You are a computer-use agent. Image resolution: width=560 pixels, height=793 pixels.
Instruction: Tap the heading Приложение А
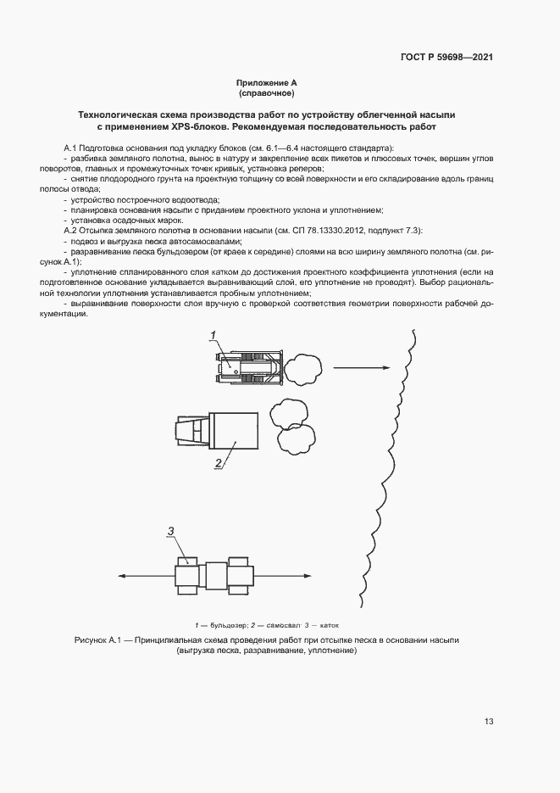(266, 83)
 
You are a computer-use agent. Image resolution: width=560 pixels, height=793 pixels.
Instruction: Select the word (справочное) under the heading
(266, 93)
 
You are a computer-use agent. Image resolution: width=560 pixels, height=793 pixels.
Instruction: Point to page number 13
(489, 722)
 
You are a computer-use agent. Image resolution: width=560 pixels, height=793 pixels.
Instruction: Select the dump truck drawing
(219, 433)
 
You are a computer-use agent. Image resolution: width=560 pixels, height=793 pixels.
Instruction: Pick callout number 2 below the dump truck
(218, 464)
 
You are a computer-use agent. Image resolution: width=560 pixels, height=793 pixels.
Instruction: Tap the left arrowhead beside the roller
(119, 575)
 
